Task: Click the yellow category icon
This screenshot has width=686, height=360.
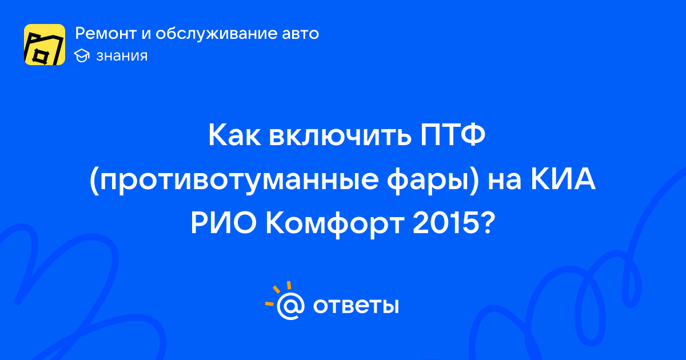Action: tap(45, 45)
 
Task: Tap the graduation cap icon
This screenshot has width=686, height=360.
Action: tap(82, 55)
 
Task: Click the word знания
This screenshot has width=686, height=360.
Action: tap(122, 56)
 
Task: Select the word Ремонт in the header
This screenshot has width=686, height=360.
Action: tap(105, 33)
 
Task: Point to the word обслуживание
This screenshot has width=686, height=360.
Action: tap(216, 33)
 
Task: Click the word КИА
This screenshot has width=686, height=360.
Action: tap(563, 179)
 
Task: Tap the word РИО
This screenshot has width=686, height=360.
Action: tap(224, 223)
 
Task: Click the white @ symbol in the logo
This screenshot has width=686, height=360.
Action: tap(290, 306)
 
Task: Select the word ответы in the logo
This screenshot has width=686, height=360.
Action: tap(356, 306)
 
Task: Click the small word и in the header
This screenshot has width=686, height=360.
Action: tap(146, 34)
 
